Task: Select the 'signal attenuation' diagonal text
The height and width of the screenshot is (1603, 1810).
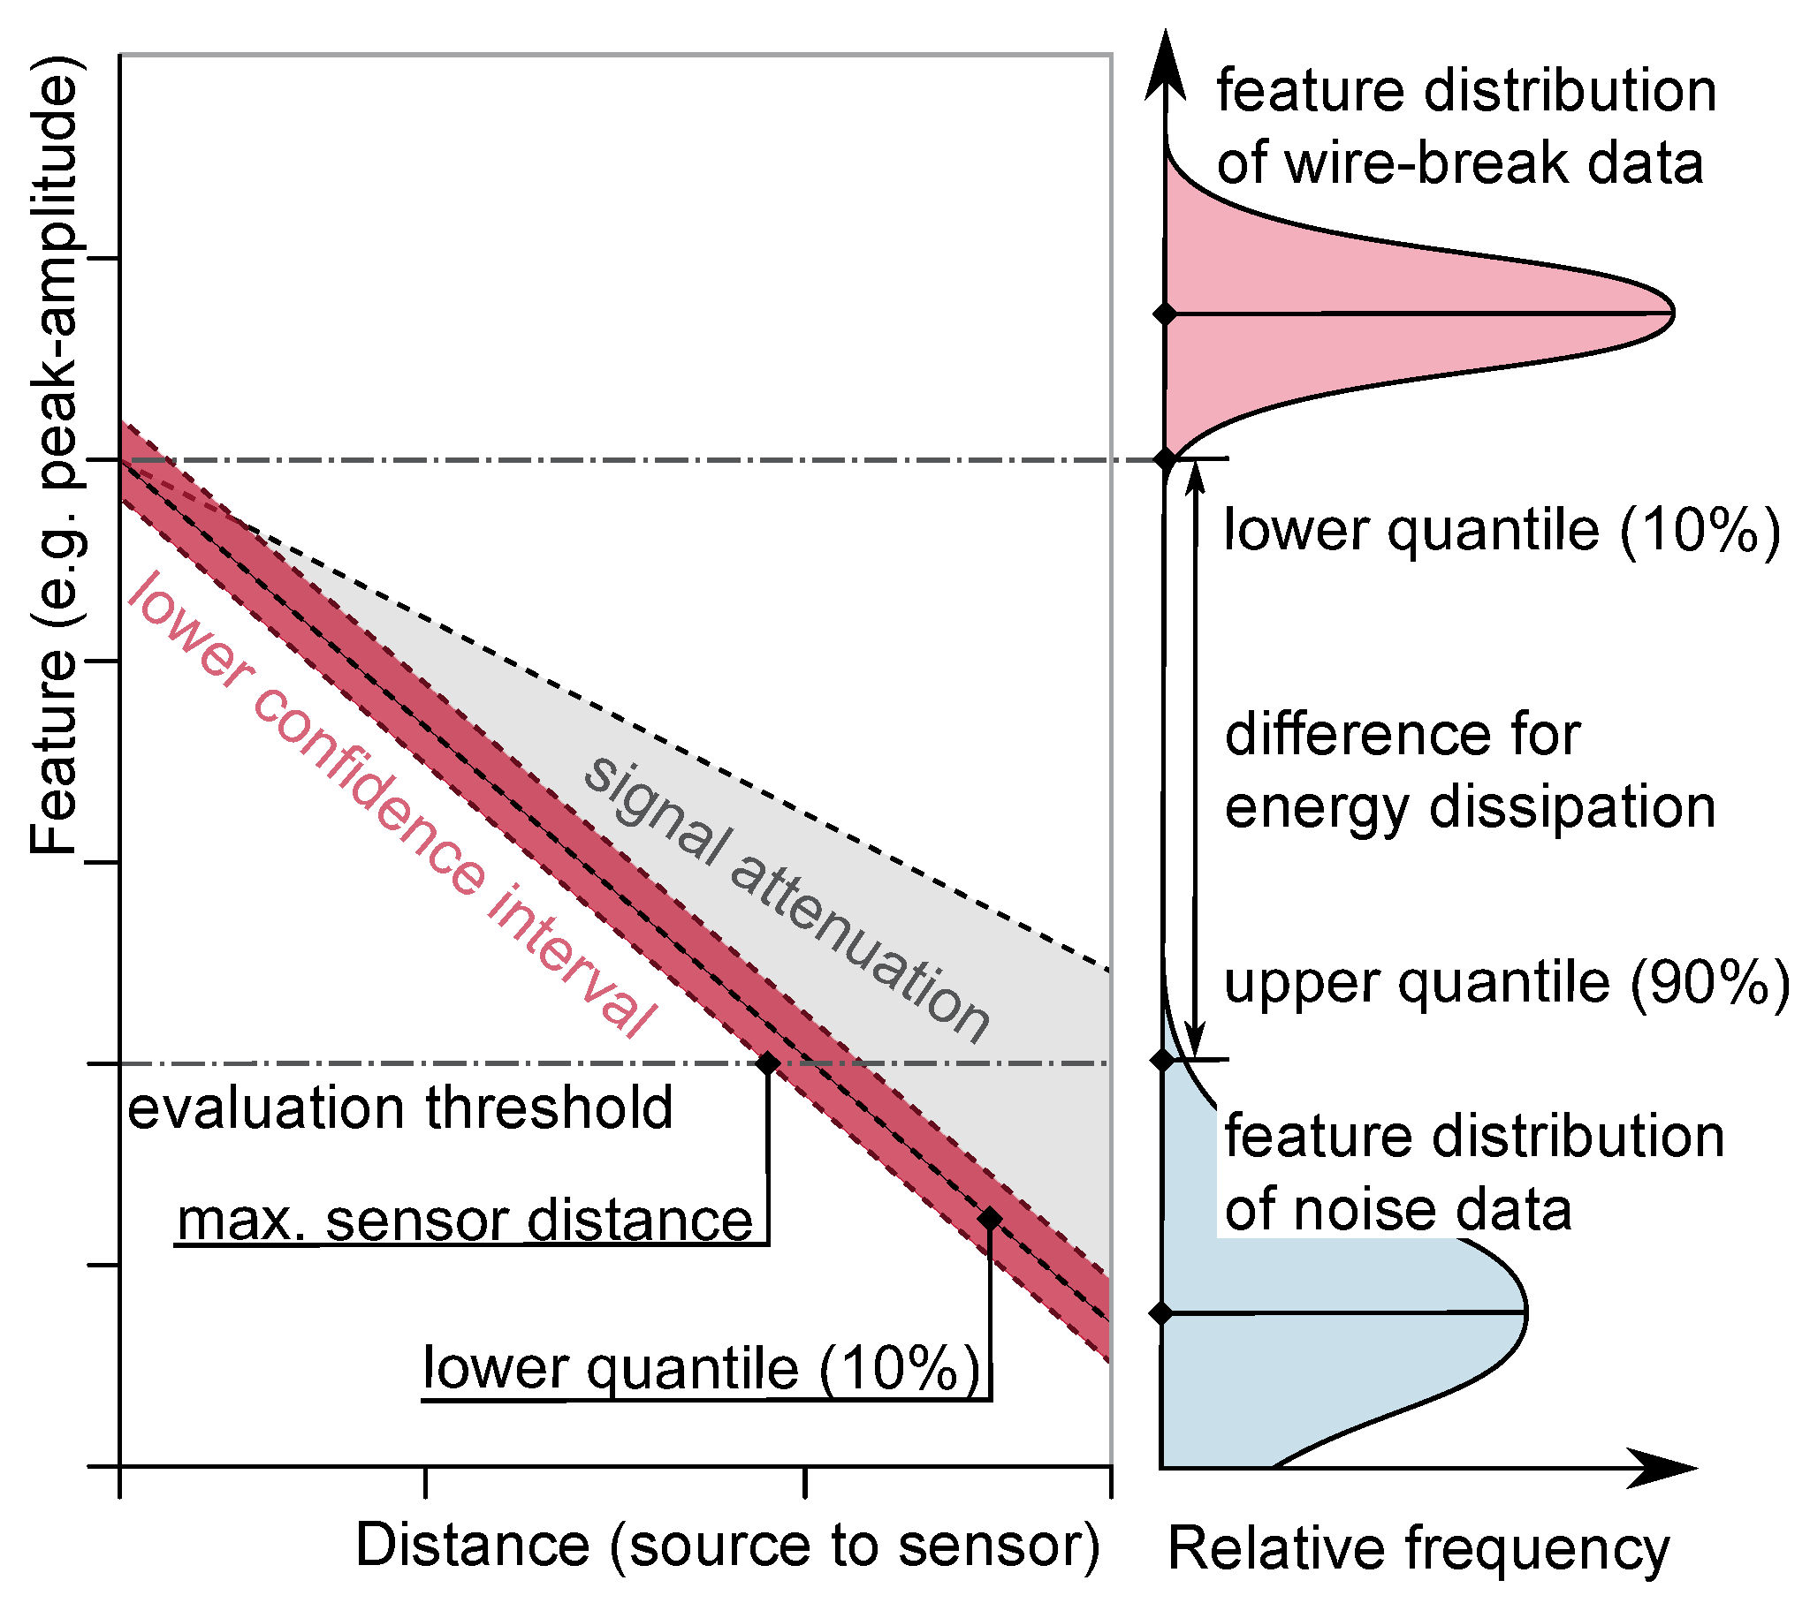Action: [x=787, y=898]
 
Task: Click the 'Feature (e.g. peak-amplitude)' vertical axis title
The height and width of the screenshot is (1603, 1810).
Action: [x=55, y=456]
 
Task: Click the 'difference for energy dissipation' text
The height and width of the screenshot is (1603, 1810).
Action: [x=1470, y=771]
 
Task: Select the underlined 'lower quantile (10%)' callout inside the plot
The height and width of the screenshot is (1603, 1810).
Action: [x=703, y=1368]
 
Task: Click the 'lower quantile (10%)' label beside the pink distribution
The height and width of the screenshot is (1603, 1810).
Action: [x=1502, y=530]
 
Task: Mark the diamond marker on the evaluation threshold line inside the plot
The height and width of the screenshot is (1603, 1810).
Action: [x=768, y=1062]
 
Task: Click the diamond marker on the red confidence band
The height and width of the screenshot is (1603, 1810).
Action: [x=990, y=1219]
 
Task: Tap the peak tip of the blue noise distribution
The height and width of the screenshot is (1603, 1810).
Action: [x=1525, y=1311]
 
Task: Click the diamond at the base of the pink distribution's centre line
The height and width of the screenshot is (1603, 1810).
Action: [x=1166, y=314]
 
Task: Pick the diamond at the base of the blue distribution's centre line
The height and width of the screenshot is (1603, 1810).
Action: [x=1163, y=1312]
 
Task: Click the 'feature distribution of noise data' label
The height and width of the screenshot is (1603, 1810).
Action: [x=1473, y=1174]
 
